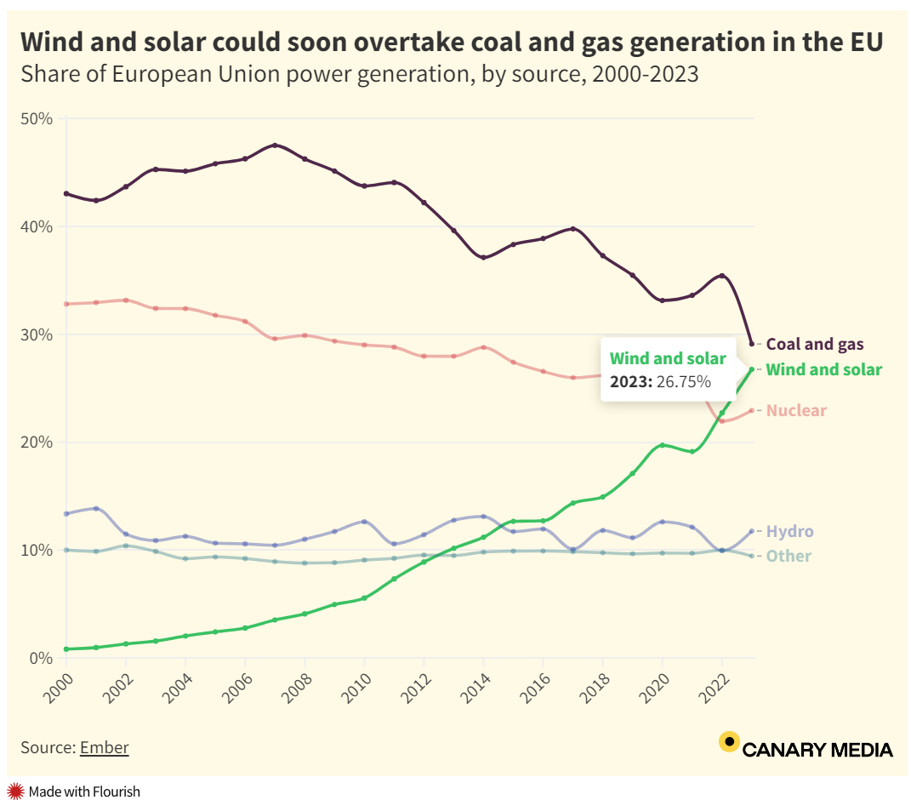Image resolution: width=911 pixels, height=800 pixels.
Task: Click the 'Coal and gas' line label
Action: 814,345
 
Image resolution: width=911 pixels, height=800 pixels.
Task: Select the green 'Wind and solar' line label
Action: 823,370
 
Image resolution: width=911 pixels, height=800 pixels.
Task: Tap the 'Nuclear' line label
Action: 796,411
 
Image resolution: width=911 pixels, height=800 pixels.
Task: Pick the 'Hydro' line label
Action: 789,532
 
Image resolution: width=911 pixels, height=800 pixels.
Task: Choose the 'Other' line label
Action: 789,557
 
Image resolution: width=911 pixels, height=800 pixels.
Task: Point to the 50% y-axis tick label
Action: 37,119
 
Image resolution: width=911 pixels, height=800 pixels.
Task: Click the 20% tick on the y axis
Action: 37,443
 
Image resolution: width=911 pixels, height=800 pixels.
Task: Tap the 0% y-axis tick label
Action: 41,658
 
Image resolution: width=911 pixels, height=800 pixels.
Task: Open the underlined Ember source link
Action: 104,748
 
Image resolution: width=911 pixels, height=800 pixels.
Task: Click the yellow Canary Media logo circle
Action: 728,742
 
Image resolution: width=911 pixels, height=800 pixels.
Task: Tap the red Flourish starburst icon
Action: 14,791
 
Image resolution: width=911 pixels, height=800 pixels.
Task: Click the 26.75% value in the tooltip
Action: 683,382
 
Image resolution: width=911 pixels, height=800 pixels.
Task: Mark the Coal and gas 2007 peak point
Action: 275,146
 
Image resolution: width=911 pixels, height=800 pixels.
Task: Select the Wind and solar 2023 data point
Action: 751,369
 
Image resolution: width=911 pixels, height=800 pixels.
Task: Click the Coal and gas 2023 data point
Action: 751,344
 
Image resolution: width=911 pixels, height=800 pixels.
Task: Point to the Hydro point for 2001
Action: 96,509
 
